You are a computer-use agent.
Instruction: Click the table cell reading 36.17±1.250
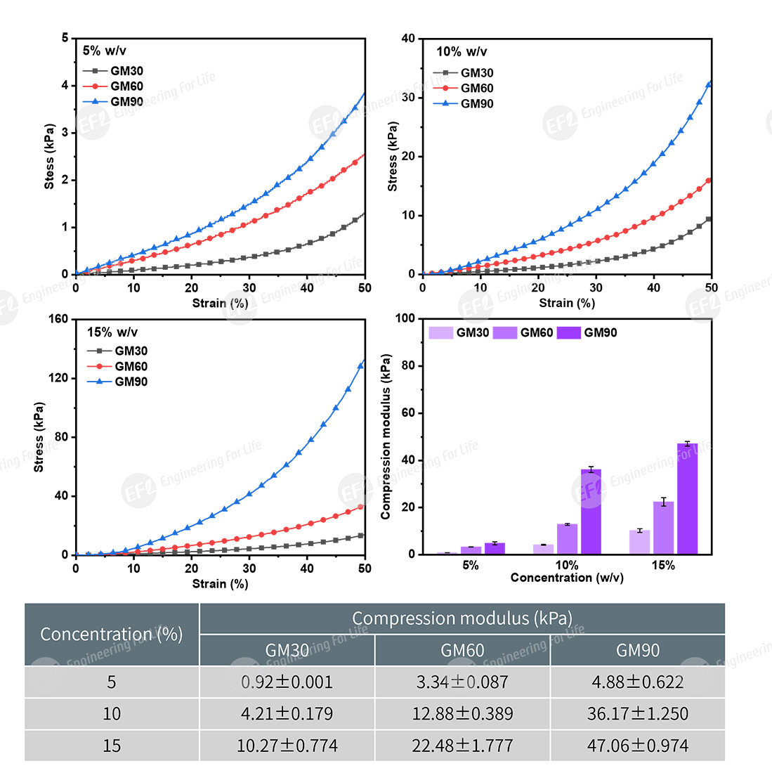click(637, 713)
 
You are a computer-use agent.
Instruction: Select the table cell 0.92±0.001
click(287, 682)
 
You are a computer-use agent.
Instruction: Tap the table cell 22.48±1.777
click(462, 745)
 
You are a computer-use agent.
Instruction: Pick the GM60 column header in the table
click(462, 650)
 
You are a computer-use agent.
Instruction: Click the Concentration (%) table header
click(112, 634)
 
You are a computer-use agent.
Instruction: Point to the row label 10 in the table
click(112, 713)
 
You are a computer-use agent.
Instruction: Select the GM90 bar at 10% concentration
click(591, 512)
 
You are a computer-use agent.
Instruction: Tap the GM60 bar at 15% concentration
click(663, 528)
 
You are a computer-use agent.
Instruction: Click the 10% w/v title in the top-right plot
click(461, 51)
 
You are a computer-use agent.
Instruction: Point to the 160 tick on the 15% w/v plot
click(60, 319)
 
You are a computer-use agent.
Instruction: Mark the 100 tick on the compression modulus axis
click(403, 319)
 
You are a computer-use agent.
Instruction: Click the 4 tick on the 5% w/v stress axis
click(65, 86)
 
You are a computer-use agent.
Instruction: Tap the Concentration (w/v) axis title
click(567, 578)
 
